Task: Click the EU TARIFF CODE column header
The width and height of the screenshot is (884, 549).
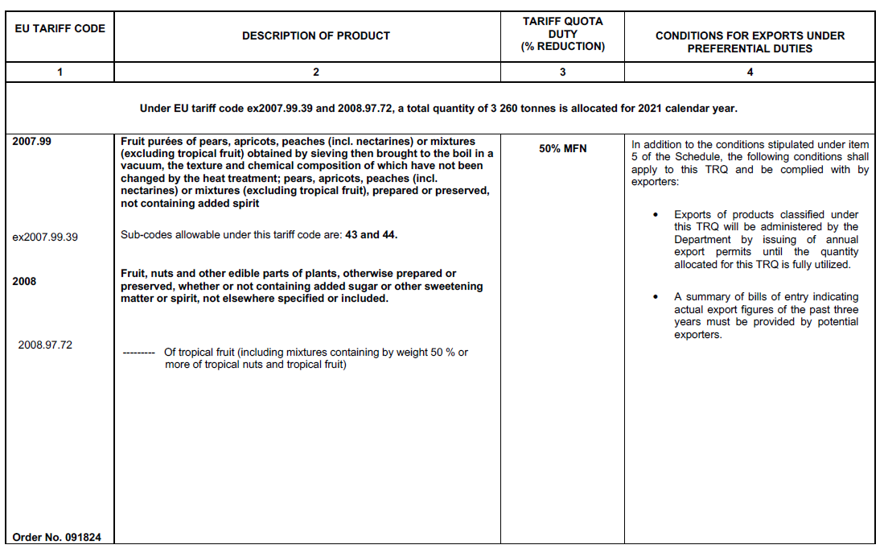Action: pyautogui.click(x=60, y=28)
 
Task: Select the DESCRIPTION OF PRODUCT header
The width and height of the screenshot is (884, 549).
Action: pyautogui.click(x=315, y=35)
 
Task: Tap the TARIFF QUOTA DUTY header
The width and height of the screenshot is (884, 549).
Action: pyautogui.click(x=562, y=34)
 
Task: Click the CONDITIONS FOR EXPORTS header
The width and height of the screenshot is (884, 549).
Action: pyautogui.click(x=750, y=42)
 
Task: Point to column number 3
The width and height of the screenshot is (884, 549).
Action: pyautogui.click(x=562, y=72)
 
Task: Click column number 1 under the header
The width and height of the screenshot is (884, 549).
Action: pyautogui.click(x=60, y=72)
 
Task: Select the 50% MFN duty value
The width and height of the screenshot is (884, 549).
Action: pyautogui.click(x=562, y=149)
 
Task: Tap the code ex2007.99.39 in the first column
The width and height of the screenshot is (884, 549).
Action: pyautogui.click(x=46, y=237)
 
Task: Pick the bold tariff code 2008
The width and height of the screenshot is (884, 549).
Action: pyautogui.click(x=25, y=282)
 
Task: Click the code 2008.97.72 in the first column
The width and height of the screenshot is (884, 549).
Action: pyautogui.click(x=46, y=345)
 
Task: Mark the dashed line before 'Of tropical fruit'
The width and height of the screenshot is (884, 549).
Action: pyautogui.click(x=138, y=353)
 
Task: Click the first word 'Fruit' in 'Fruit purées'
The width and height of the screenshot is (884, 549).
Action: pyautogui.click(x=134, y=142)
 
